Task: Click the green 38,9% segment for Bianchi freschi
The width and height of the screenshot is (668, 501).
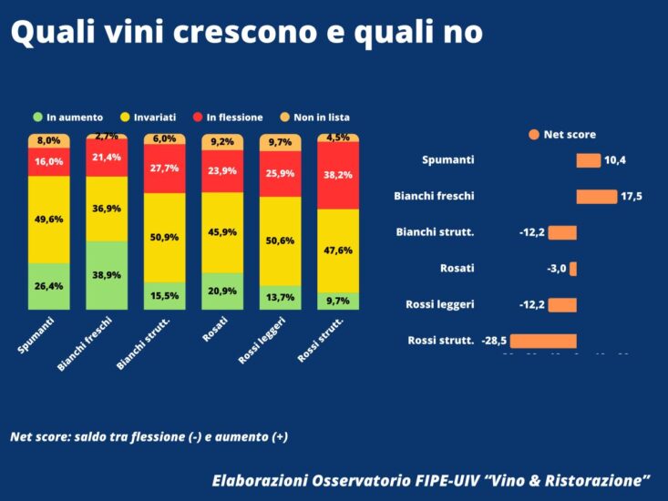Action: [107, 275]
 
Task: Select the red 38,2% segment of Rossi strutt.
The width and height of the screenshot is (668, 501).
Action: [338, 175]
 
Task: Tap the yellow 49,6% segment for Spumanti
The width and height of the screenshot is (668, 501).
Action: [48, 220]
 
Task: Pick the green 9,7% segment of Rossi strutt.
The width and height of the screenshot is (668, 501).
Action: [338, 300]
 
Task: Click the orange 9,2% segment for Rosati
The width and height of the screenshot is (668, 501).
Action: [222, 142]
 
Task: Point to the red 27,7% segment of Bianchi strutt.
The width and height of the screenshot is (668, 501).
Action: [164, 169]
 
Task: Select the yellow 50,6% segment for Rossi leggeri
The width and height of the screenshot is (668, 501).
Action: [280, 240]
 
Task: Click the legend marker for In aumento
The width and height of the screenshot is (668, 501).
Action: [37, 117]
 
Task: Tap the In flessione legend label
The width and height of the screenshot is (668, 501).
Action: [234, 117]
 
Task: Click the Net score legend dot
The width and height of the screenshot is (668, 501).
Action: [533, 135]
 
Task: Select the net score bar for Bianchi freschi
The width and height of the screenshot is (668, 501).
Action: [596, 196]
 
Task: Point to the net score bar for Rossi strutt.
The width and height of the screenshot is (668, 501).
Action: [543, 341]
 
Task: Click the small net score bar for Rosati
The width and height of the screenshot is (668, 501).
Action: [573, 269]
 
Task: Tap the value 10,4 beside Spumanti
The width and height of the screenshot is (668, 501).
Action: [615, 160]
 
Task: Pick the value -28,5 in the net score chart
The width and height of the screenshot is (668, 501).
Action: [495, 341]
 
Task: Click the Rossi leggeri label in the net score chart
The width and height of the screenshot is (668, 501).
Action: [439, 304]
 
